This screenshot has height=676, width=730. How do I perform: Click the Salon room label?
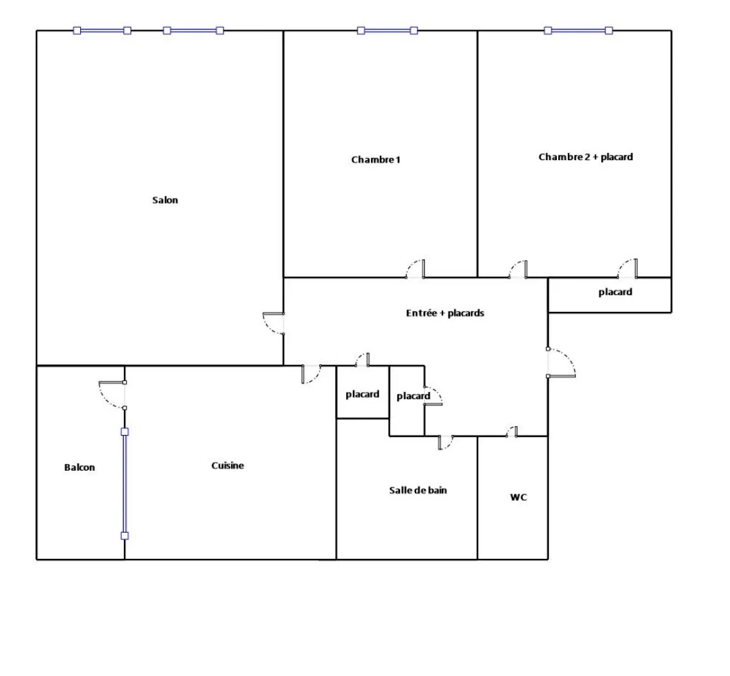(x=165, y=200)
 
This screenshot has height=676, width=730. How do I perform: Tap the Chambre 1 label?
(x=376, y=160)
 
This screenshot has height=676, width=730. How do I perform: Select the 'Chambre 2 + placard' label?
(x=586, y=157)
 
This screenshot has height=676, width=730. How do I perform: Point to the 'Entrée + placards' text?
(x=445, y=313)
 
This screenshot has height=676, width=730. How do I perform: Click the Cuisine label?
(x=228, y=465)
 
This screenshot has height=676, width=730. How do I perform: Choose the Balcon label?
(x=79, y=467)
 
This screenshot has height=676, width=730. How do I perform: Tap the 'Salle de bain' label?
(x=418, y=490)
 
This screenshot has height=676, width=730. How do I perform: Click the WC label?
(x=518, y=498)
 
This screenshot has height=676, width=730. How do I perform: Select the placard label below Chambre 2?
(x=615, y=292)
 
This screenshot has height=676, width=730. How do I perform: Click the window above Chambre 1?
(x=387, y=30)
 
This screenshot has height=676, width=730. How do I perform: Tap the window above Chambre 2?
(x=578, y=30)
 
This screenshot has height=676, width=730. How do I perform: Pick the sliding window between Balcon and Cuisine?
(x=125, y=483)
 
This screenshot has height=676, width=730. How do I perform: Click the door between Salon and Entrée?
(x=275, y=323)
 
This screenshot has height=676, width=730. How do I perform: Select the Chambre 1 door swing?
(x=416, y=269)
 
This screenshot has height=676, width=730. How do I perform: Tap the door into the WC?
(x=512, y=432)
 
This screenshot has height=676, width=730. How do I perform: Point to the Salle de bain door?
(x=445, y=442)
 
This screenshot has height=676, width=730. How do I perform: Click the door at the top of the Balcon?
(x=113, y=394)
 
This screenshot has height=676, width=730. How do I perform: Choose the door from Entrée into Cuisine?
(x=310, y=374)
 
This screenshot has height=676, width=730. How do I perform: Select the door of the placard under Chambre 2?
(x=628, y=269)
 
